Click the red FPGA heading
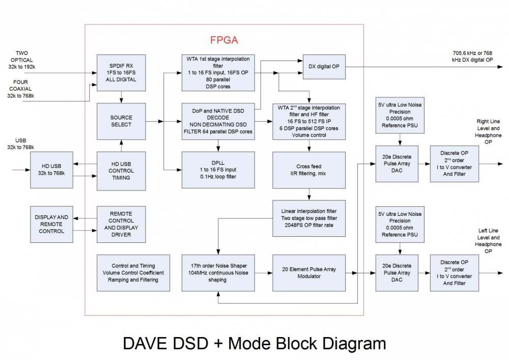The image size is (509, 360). click(x=224, y=40)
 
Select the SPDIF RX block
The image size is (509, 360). click(x=121, y=73)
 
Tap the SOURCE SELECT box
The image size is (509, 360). click(x=121, y=121)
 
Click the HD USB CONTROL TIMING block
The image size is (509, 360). click(x=121, y=171)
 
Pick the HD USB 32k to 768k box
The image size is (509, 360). click(x=51, y=170)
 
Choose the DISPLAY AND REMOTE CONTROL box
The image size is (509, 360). click(x=51, y=225)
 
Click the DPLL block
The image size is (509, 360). click(x=218, y=170)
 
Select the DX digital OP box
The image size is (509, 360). click(x=324, y=67)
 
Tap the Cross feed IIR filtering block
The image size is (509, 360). click(x=309, y=170)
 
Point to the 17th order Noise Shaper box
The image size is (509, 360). click(x=218, y=273)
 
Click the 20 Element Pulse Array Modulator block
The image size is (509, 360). click(x=309, y=273)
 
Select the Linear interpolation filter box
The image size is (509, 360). click(x=309, y=218)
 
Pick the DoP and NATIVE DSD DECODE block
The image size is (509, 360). click(x=218, y=121)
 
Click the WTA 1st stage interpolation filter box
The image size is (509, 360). click(x=218, y=73)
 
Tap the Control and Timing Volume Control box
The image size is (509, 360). click(x=133, y=273)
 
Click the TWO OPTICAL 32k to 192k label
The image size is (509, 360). click(x=22, y=60)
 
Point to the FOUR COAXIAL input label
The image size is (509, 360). click(x=20, y=89)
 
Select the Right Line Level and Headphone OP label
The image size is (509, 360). click(x=488, y=131)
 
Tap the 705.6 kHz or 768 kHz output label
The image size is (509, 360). click(x=472, y=57)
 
